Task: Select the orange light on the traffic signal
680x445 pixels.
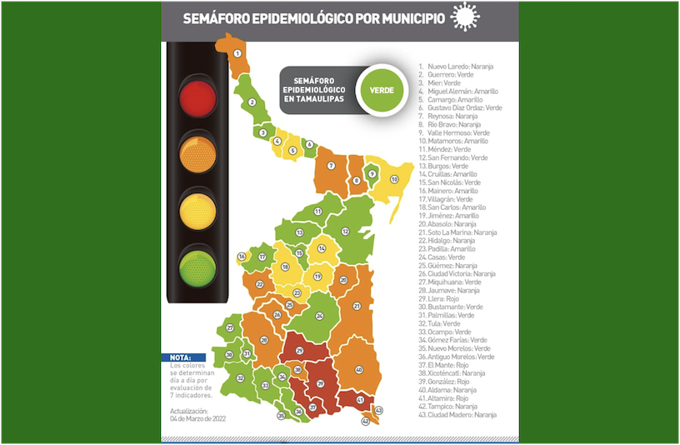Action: [x=197, y=153]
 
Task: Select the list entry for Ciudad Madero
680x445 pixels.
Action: [x=462, y=414]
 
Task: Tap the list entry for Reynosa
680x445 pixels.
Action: [x=455, y=116]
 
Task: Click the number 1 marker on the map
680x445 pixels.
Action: [x=237, y=53]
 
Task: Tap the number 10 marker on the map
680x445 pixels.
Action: [x=395, y=179]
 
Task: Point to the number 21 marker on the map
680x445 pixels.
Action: [x=357, y=306]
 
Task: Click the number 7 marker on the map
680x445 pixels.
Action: [x=331, y=166]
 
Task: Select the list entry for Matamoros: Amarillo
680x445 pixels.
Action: [x=458, y=141]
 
